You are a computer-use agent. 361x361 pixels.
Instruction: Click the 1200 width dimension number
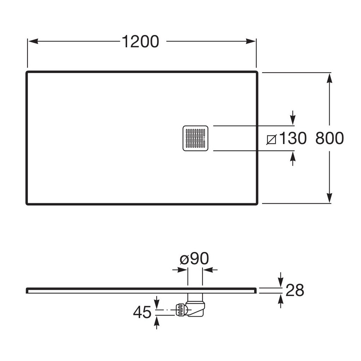140,42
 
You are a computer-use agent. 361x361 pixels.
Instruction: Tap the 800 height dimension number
330,138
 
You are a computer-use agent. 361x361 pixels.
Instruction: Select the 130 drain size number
293,138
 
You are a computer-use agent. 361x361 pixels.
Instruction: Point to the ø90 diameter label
194,258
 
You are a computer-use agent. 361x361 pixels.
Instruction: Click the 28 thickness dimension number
295,290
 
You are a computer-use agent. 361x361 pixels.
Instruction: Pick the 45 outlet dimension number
142,312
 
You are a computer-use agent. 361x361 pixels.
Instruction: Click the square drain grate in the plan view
195,138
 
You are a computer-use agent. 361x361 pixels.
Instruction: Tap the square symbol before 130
271,139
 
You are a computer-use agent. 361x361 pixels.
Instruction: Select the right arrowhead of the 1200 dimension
251,42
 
